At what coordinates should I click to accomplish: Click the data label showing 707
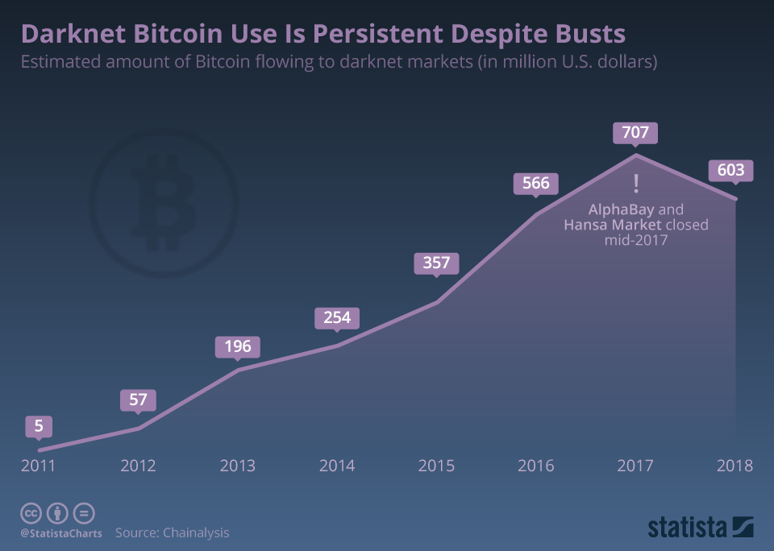click(x=635, y=132)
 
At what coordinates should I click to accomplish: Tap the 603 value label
click(x=730, y=171)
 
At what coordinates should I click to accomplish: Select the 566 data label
click(x=535, y=183)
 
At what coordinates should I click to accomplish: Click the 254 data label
click(x=337, y=317)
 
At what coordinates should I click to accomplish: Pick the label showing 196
click(x=238, y=347)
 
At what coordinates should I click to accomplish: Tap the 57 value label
click(x=139, y=400)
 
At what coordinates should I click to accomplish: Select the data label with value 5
click(x=39, y=425)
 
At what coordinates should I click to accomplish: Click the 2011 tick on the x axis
click(x=39, y=466)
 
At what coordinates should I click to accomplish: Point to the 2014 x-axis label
click(x=337, y=466)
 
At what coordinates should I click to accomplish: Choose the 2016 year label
click(x=535, y=466)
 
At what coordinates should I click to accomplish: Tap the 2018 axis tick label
click(x=734, y=466)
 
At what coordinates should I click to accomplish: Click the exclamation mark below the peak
click(x=636, y=184)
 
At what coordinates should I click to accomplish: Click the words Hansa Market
click(x=613, y=224)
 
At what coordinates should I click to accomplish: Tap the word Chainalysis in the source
click(x=196, y=532)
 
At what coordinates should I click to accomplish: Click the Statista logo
click(x=700, y=528)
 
